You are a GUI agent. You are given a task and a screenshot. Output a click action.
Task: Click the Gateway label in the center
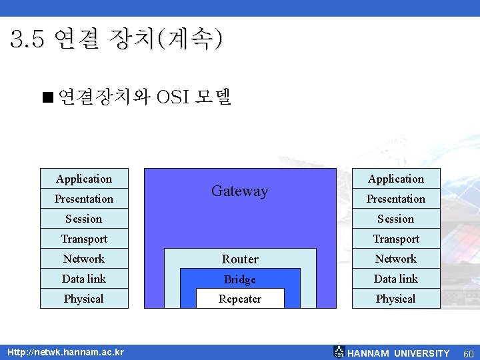[x=239, y=191]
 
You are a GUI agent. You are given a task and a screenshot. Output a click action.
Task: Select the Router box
[x=240, y=259]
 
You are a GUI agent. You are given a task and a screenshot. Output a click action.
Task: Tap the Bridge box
[x=240, y=279]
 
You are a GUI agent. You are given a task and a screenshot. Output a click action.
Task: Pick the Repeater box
[x=240, y=299]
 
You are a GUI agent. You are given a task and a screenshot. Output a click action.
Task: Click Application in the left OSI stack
[x=84, y=179]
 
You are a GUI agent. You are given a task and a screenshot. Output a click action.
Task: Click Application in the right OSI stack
[x=396, y=179]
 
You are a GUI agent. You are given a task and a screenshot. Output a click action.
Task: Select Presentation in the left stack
[x=84, y=199]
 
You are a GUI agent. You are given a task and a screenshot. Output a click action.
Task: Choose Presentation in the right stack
[x=396, y=199]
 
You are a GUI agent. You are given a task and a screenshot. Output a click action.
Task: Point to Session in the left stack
[x=84, y=219]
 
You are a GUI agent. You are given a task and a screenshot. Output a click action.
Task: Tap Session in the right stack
[x=396, y=219]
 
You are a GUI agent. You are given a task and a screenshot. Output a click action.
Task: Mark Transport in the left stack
[x=84, y=239]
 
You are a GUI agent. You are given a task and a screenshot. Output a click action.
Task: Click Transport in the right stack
[x=396, y=239]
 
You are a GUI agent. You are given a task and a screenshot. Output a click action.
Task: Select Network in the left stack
[x=84, y=259]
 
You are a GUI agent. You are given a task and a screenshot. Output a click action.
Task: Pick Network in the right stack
[x=396, y=259]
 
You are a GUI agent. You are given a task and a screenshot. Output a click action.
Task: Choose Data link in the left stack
[x=84, y=279]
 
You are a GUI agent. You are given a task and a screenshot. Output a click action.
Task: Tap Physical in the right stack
[x=396, y=299]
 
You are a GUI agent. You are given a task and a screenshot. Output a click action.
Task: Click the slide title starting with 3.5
[x=117, y=40]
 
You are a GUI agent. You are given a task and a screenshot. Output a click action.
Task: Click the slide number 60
[x=468, y=353]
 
